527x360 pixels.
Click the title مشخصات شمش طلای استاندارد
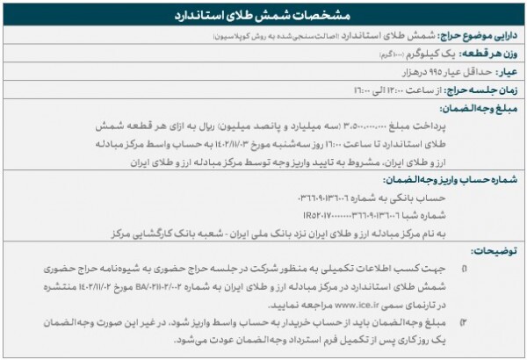263,15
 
